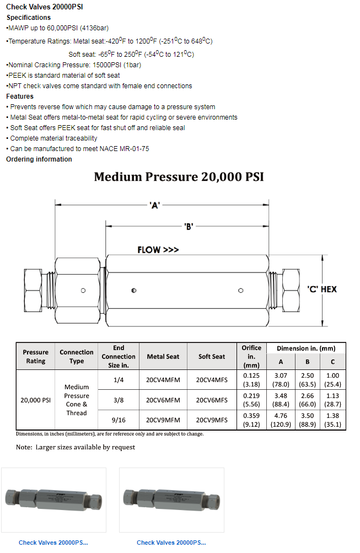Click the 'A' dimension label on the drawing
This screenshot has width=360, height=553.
coord(154,205)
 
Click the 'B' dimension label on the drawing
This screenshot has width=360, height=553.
coord(188,226)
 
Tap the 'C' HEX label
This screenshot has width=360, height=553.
coord(321,289)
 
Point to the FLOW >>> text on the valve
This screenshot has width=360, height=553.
coord(158,250)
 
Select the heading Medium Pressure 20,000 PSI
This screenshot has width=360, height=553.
coord(179,177)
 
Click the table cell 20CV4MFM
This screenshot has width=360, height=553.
coord(163,380)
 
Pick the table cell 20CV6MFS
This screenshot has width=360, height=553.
coord(212,400)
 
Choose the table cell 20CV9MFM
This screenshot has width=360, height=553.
coord(163,420)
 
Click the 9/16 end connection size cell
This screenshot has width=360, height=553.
coord(119,420)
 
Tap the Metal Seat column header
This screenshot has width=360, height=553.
coord(163,357)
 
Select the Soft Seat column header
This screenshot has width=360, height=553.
coord(212,357)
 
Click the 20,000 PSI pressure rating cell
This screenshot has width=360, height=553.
coord(35,400)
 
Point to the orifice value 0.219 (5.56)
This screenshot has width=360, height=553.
coord(251,400)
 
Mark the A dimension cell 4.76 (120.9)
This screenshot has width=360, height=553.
coord(281,420)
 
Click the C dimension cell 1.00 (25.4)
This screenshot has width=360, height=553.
coord(332,380)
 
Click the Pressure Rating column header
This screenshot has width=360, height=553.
coord(35,357)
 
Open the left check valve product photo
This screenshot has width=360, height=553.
coord(53,500)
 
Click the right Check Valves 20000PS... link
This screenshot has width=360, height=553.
coord(171,543)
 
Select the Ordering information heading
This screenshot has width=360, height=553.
coord(39,159)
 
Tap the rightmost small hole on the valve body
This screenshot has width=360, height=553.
coord(240,290)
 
